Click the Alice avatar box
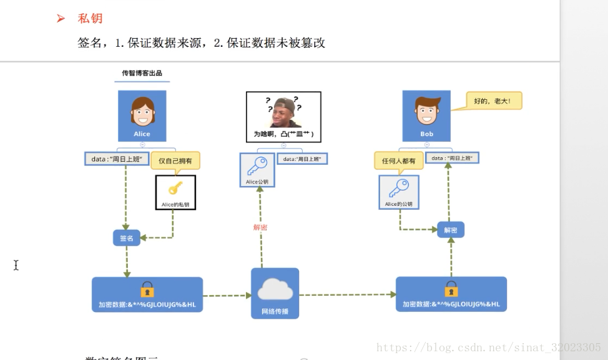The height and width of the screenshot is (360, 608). tap(142, 115)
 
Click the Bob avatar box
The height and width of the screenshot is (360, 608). tap(426, 115)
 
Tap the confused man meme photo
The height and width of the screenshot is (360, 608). tap(283, 112)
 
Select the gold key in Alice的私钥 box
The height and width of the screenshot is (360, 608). tap(175, 188)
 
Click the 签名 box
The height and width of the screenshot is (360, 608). tap(126, 238)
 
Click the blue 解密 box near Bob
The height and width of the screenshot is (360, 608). tap(451, 230)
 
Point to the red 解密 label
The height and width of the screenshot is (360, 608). tap(260, 227)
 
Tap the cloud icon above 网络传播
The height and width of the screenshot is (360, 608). tap(275, 288)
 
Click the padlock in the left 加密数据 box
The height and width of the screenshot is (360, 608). tap(147, 289)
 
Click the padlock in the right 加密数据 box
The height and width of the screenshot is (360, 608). tap(451, 289)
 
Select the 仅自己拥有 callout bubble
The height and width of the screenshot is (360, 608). tap(175, 161)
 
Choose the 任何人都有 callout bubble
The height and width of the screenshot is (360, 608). tap(399, 161)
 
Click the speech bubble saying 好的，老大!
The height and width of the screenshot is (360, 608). tap(494, 100)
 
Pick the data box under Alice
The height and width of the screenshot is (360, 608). tap(117, 159)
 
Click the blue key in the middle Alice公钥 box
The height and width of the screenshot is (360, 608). tap(257, 166)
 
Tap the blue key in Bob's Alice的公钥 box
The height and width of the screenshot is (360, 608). tap(398, 188)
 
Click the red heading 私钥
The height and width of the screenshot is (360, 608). tap(90, 19)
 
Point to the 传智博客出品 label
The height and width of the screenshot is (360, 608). tap(142, 74)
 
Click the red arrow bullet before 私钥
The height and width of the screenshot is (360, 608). tap(61, 19)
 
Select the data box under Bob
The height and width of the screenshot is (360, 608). tap(453, 158)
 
